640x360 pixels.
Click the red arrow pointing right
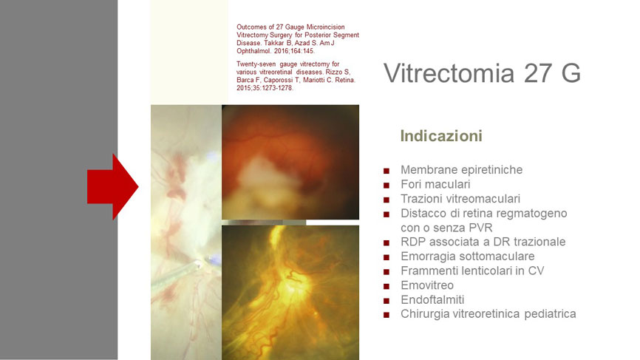(112, 187)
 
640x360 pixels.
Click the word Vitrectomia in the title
(449, 73)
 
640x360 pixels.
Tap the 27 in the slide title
(537, 73)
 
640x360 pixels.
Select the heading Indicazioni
(441, 136)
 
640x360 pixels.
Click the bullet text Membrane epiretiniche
(461, 170)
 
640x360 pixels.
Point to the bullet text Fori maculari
(435, 185)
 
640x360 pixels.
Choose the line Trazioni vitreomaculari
(460, 199)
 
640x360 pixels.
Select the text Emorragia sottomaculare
(467, 257)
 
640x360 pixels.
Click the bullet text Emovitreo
(427, 285)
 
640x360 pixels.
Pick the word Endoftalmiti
(432, 299)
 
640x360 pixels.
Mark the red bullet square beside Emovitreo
(386, 286)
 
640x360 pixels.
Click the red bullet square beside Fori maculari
(386, 186)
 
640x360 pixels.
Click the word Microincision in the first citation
(325, 27)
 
